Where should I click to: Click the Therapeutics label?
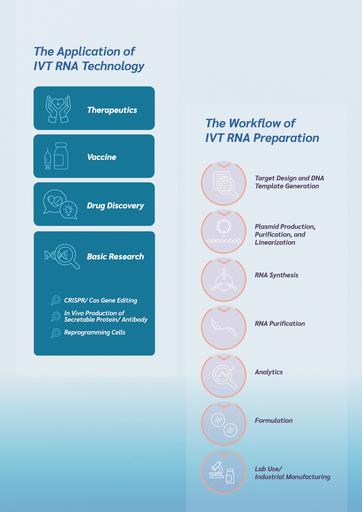(112, 110)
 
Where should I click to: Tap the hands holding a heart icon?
(58, 109)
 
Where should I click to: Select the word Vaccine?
(102, 157)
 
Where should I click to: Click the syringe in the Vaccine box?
(47, 158)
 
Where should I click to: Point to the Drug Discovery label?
(115, 206)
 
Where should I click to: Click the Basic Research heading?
(115, 256)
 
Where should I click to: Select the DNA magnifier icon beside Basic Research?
(62, 256)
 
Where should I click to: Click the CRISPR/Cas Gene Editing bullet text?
(101, 300)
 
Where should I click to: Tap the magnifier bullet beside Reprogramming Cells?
(56, 333)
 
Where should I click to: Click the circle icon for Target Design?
(224, 183)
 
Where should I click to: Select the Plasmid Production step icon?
(224, 231)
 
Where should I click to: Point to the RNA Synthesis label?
(277, 275)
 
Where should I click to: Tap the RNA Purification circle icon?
(224, 327)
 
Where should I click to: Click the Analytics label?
(269, 372)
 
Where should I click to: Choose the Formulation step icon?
(224, 424)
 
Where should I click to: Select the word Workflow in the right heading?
(255, 123)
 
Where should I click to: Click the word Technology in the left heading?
(113, 66)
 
